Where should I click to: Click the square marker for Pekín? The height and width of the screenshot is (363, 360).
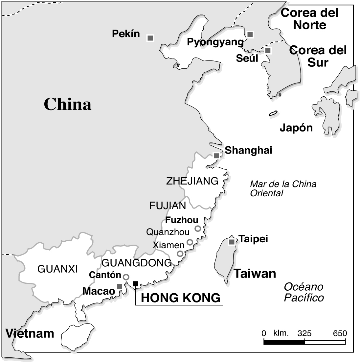tap(150, 38)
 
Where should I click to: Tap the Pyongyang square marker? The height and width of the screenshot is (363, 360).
tap(250, 35)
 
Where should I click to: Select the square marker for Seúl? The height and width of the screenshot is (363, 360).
tap(268, 51)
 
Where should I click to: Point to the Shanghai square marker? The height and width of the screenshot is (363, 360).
tap(216, 156)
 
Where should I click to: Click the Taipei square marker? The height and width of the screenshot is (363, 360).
tap(232, 242)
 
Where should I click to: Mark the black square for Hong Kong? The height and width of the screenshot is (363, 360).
tap(135, 283)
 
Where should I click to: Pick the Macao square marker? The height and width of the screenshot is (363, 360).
tap(120, 287)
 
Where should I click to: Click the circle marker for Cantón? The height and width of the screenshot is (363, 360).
tap(126, 277)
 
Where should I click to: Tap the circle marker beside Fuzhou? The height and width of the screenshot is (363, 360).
tap(198, 228)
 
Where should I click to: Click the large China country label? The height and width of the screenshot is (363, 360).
tap(67, 104)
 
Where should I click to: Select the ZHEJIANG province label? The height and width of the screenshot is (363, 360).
tap(192, 181)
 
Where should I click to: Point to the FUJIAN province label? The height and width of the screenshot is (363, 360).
tap(168, 206)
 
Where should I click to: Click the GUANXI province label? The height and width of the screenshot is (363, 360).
tap(58, 269)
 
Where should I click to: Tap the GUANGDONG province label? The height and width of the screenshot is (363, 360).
tap(137, 263)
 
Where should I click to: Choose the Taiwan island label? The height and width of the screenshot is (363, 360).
tap(255, 273)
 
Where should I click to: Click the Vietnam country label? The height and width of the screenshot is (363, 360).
tap(30, 333)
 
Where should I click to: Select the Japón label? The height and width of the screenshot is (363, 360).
tap(296, 128)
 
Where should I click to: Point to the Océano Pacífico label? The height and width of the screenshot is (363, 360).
tap(304, 292)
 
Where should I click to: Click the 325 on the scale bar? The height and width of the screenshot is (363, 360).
tap(304, 333)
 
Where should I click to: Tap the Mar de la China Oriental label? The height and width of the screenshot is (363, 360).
tap(283, 188)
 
